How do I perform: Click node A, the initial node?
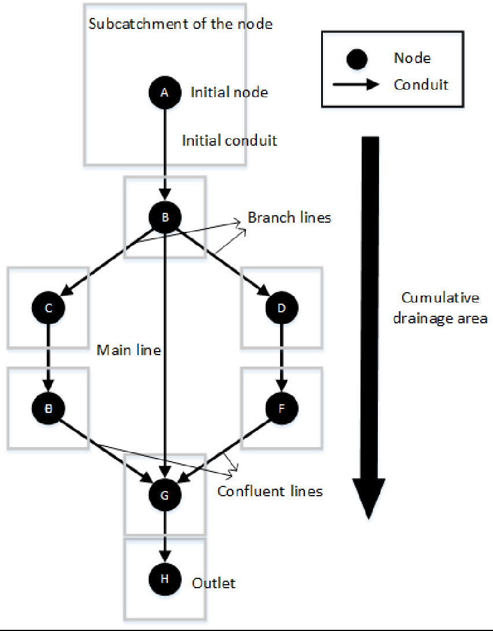pyautogui.click(x=165, y=92)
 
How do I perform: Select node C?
pyautogui.click(x=49, y=308)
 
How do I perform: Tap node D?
pyautogui.click(x=281, y=308)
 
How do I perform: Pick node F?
pyautogui.click(x=281, y=408)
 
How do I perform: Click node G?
pyautogui.click(x=165, y=495)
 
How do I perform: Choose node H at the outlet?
pyautogui.click(x=165, y=580)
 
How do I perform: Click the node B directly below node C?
pyautogui.click(x=49, y=408)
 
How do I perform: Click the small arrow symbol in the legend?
pyautogui.click(x=355, y=84)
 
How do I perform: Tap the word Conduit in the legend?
pyautogui.click(x=421, y=84)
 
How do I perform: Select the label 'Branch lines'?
pyautogui.click(x=289, y=217)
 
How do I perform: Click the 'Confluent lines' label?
pyautogui.click(x=270, y=491)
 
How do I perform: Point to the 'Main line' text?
pyautogui.click(x=128, y=350)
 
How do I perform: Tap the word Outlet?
pyautogui.click(x=214, y=582)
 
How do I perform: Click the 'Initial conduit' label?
pyautogui.click(x=229, y=141)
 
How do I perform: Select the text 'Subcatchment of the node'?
pyautogui.click(x=180, y=24)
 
